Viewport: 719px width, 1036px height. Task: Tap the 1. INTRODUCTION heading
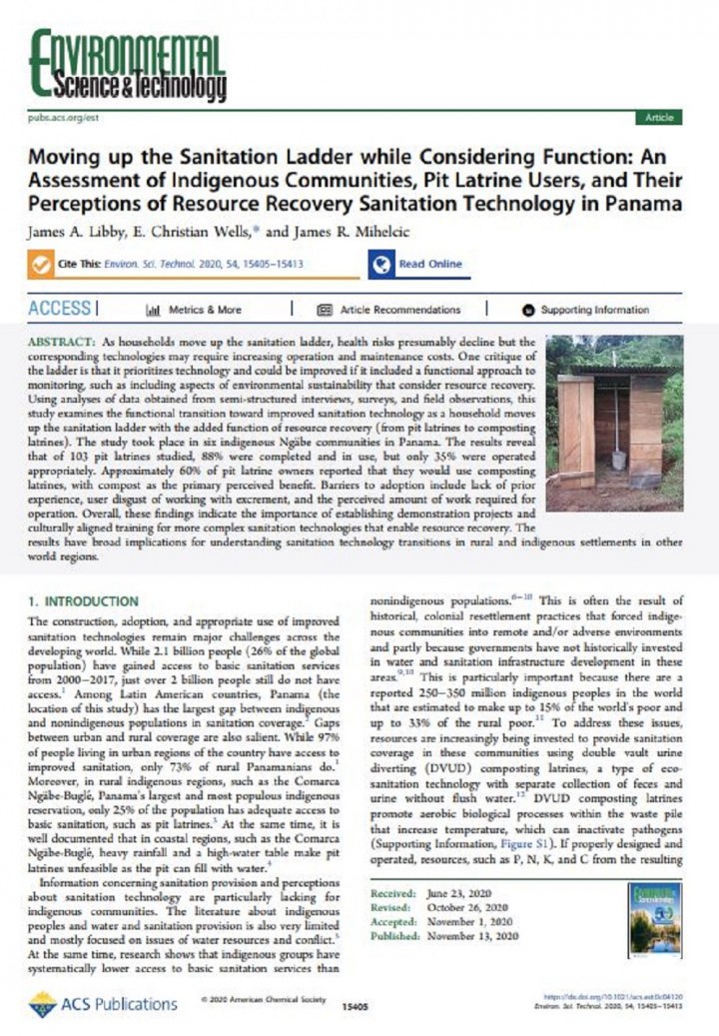pos(84,601)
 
